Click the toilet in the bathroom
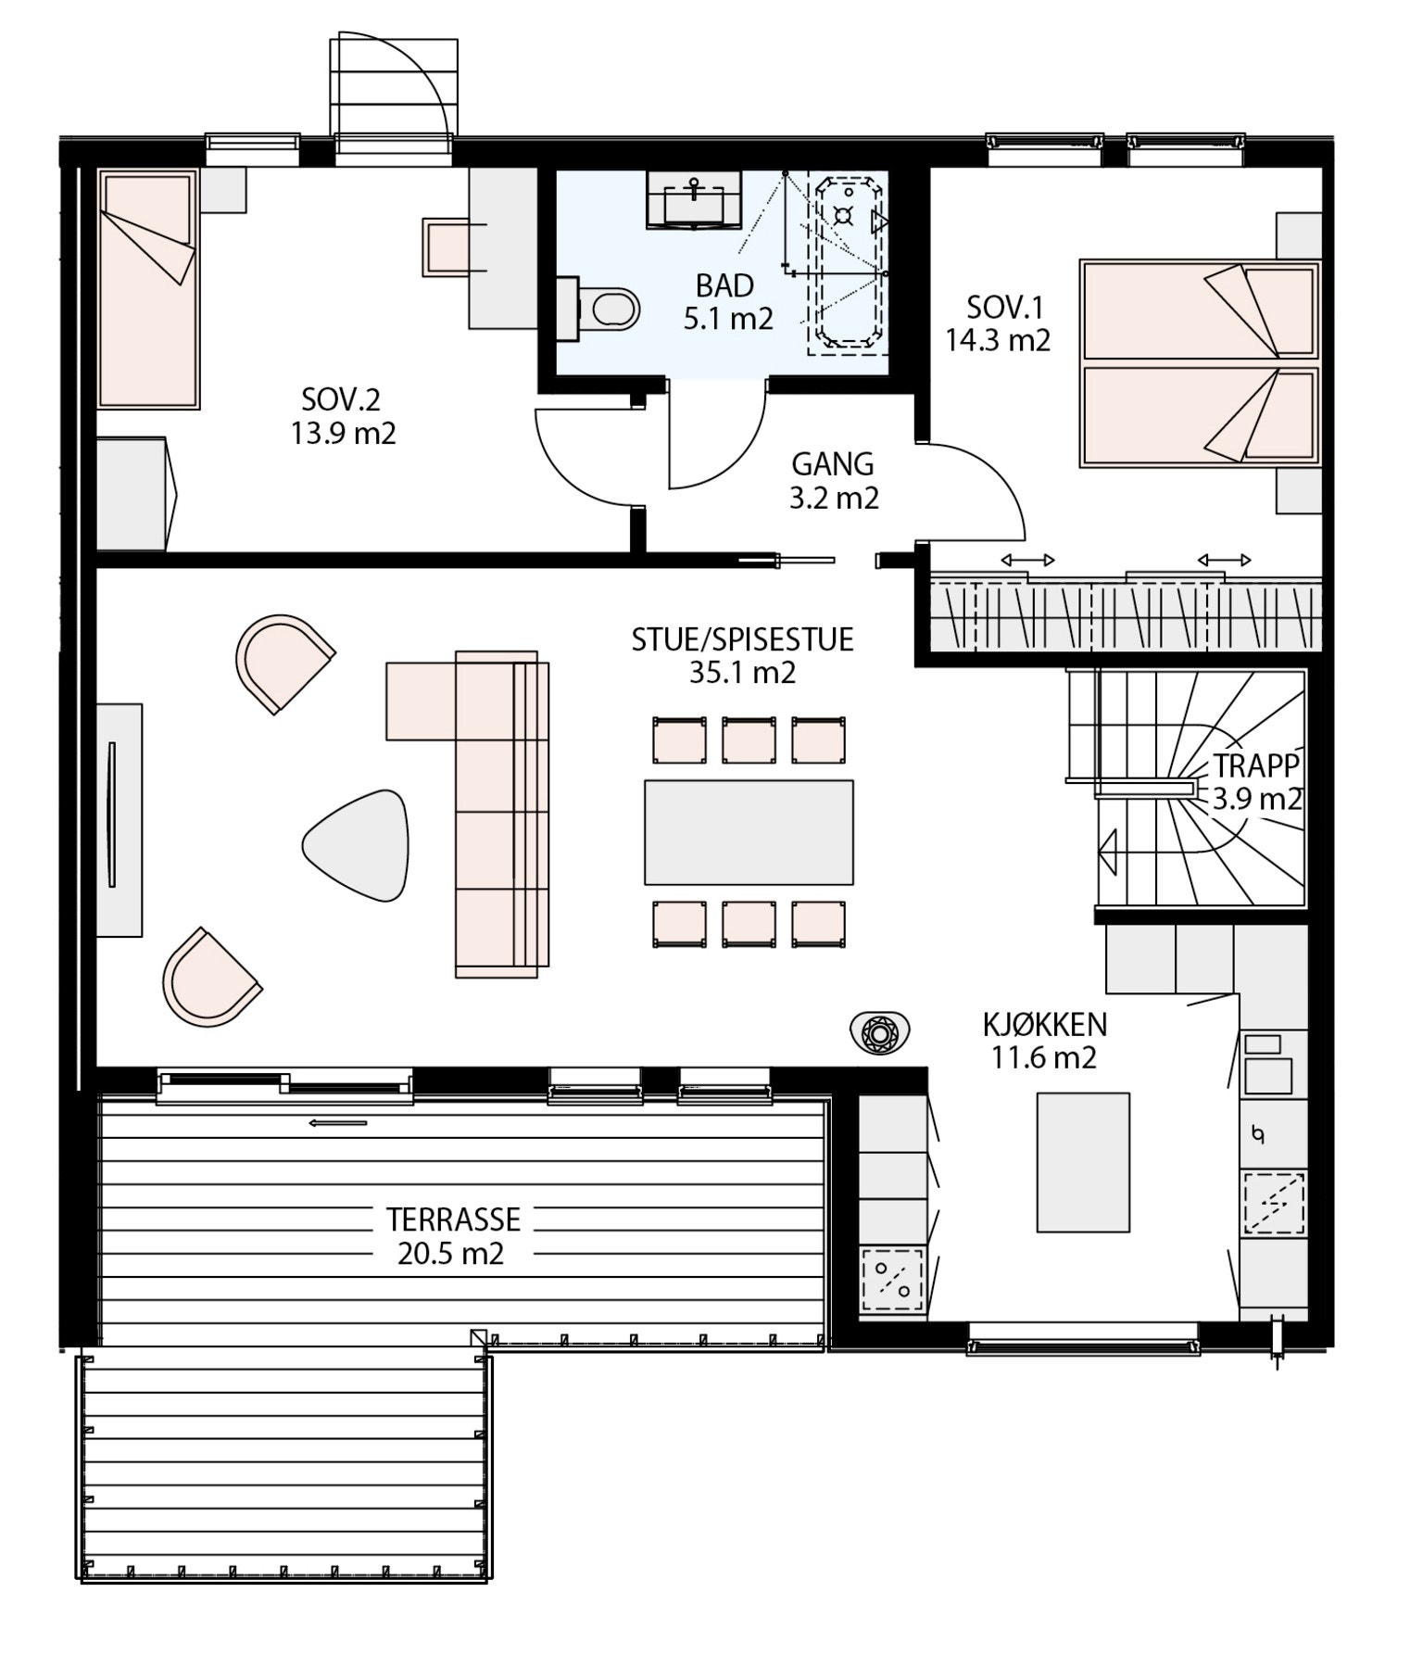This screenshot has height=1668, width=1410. pos(601,308)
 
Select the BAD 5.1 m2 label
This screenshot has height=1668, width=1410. pos(727,302)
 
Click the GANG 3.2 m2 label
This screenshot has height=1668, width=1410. pos(833,480)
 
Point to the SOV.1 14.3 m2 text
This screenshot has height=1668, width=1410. pos(998,323)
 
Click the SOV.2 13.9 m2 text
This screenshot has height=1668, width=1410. pos(343,416)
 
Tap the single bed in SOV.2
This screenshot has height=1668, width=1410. pos(148,288)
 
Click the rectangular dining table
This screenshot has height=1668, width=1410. pos(749,832)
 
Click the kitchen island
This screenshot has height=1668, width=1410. pos(1083,1162)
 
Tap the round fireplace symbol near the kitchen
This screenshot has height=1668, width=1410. pos(879,1030)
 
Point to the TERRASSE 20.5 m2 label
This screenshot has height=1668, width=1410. pos(452,1235)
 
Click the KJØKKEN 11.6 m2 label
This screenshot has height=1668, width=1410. pos(1045,1041)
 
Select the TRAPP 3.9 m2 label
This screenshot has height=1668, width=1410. pos(1257,781)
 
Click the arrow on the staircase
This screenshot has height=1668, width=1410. pos(1108,852)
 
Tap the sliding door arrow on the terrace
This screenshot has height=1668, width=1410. pos(338,1123)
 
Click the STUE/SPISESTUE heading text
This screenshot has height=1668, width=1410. pos(743,639)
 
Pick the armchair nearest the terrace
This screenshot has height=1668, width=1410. pos(211,978)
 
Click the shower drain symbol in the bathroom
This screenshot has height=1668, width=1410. pos(842,216)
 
